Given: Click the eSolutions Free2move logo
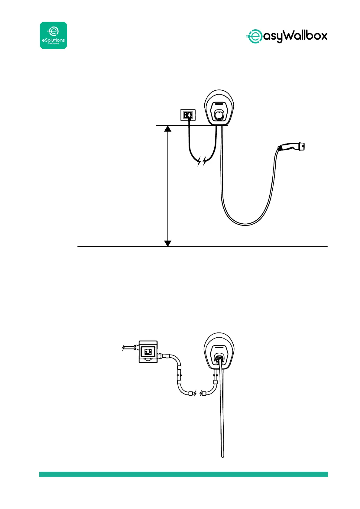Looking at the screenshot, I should click(x=54, y=35).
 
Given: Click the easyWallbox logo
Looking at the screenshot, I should click(x=287, y=36).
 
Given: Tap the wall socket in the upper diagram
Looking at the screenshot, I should click(x=188, y=115).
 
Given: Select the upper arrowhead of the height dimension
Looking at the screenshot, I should click(x=168, y=128).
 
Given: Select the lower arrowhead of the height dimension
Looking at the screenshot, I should click(x=168, y=243).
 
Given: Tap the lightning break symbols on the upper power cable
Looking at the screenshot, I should click(x=202, y=161).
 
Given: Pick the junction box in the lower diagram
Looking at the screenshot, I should click(x=148, y=352).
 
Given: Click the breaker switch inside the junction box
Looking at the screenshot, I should click(x=148, y=352).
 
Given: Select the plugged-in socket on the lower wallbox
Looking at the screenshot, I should click(x=219, y=358).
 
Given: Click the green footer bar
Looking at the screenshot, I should click(x=183, y=474).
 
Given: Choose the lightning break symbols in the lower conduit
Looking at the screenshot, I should click(x=198, y=393).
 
